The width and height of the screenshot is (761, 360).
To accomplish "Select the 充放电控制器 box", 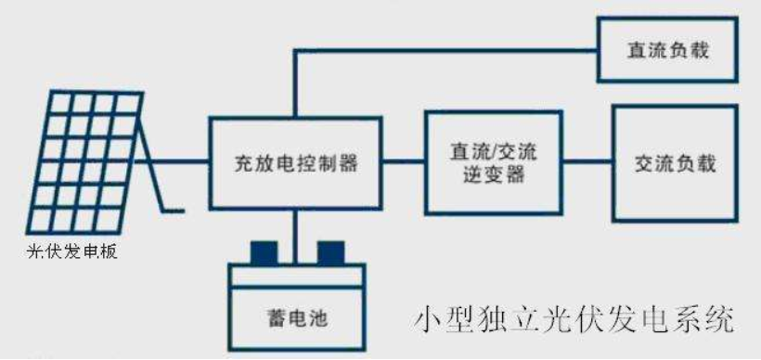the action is click(x=295, y=163).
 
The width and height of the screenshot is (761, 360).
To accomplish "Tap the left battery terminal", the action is click(x=263, y=252).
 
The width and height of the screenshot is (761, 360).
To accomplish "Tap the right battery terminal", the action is click(x=329, y=252).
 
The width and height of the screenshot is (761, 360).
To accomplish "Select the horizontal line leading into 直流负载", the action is click(x=445, y=50).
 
